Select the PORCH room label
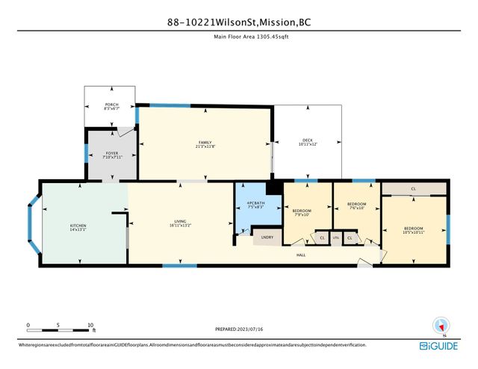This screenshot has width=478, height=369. click(x=110, y=106)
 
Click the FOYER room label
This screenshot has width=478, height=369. click(x=111, y=155)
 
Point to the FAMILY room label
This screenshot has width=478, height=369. click(x=205, y=144)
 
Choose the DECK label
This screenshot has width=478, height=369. click(x=307, y=141)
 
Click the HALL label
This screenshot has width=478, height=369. click(x=301, y=255)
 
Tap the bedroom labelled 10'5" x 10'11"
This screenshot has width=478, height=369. click(x=413, y=230)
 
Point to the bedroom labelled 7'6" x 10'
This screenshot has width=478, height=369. click(x=356, y=206)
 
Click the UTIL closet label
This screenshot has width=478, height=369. click(x=336, y=238)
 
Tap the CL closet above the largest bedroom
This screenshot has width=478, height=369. click(x=413, y=188)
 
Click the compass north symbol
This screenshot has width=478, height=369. click(x=441, y=326)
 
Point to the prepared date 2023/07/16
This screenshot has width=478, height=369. click(x=238, y=328)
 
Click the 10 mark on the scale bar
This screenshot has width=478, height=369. click(x=90, y=325)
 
